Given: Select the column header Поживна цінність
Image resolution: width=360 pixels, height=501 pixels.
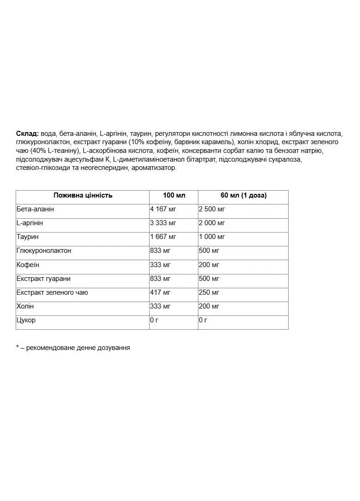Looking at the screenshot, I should click(x=83, y=195).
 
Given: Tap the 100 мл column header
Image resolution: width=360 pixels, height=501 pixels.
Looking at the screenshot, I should click(x=174, y=195).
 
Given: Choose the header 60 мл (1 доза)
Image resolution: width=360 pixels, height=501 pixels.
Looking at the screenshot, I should click(x=244, y=195).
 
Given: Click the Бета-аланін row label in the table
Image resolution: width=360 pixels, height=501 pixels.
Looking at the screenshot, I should click(x=35, y=209).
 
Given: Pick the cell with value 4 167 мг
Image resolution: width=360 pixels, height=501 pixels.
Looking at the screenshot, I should click(x=163, y=209).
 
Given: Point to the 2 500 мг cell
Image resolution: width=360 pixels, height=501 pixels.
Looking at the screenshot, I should click(x=212, y=209).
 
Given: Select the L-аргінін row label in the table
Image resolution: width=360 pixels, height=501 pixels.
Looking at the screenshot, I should click(x=30, y=223).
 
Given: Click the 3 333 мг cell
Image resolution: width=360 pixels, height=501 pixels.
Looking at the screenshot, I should click(x=163, y=223).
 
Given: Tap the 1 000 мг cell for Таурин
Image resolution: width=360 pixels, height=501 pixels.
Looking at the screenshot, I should click(x=212, y=237).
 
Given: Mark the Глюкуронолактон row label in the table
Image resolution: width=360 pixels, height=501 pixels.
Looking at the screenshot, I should click(x=44, y=250).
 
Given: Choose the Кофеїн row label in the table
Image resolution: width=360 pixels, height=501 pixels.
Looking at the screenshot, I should click(x=28, y=265).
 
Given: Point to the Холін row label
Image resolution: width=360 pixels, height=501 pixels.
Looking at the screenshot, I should click(x=25, y=306).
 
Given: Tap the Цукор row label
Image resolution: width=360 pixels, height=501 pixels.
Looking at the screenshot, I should click(x=26, y=320).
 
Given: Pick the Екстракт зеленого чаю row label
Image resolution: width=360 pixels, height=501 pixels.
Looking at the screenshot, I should click(x=52, y=292).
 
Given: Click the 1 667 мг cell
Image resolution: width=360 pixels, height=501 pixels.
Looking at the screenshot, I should click(x=163, y=237).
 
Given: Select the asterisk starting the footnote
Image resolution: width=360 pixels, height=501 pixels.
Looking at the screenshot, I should click(x=17, y=347).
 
